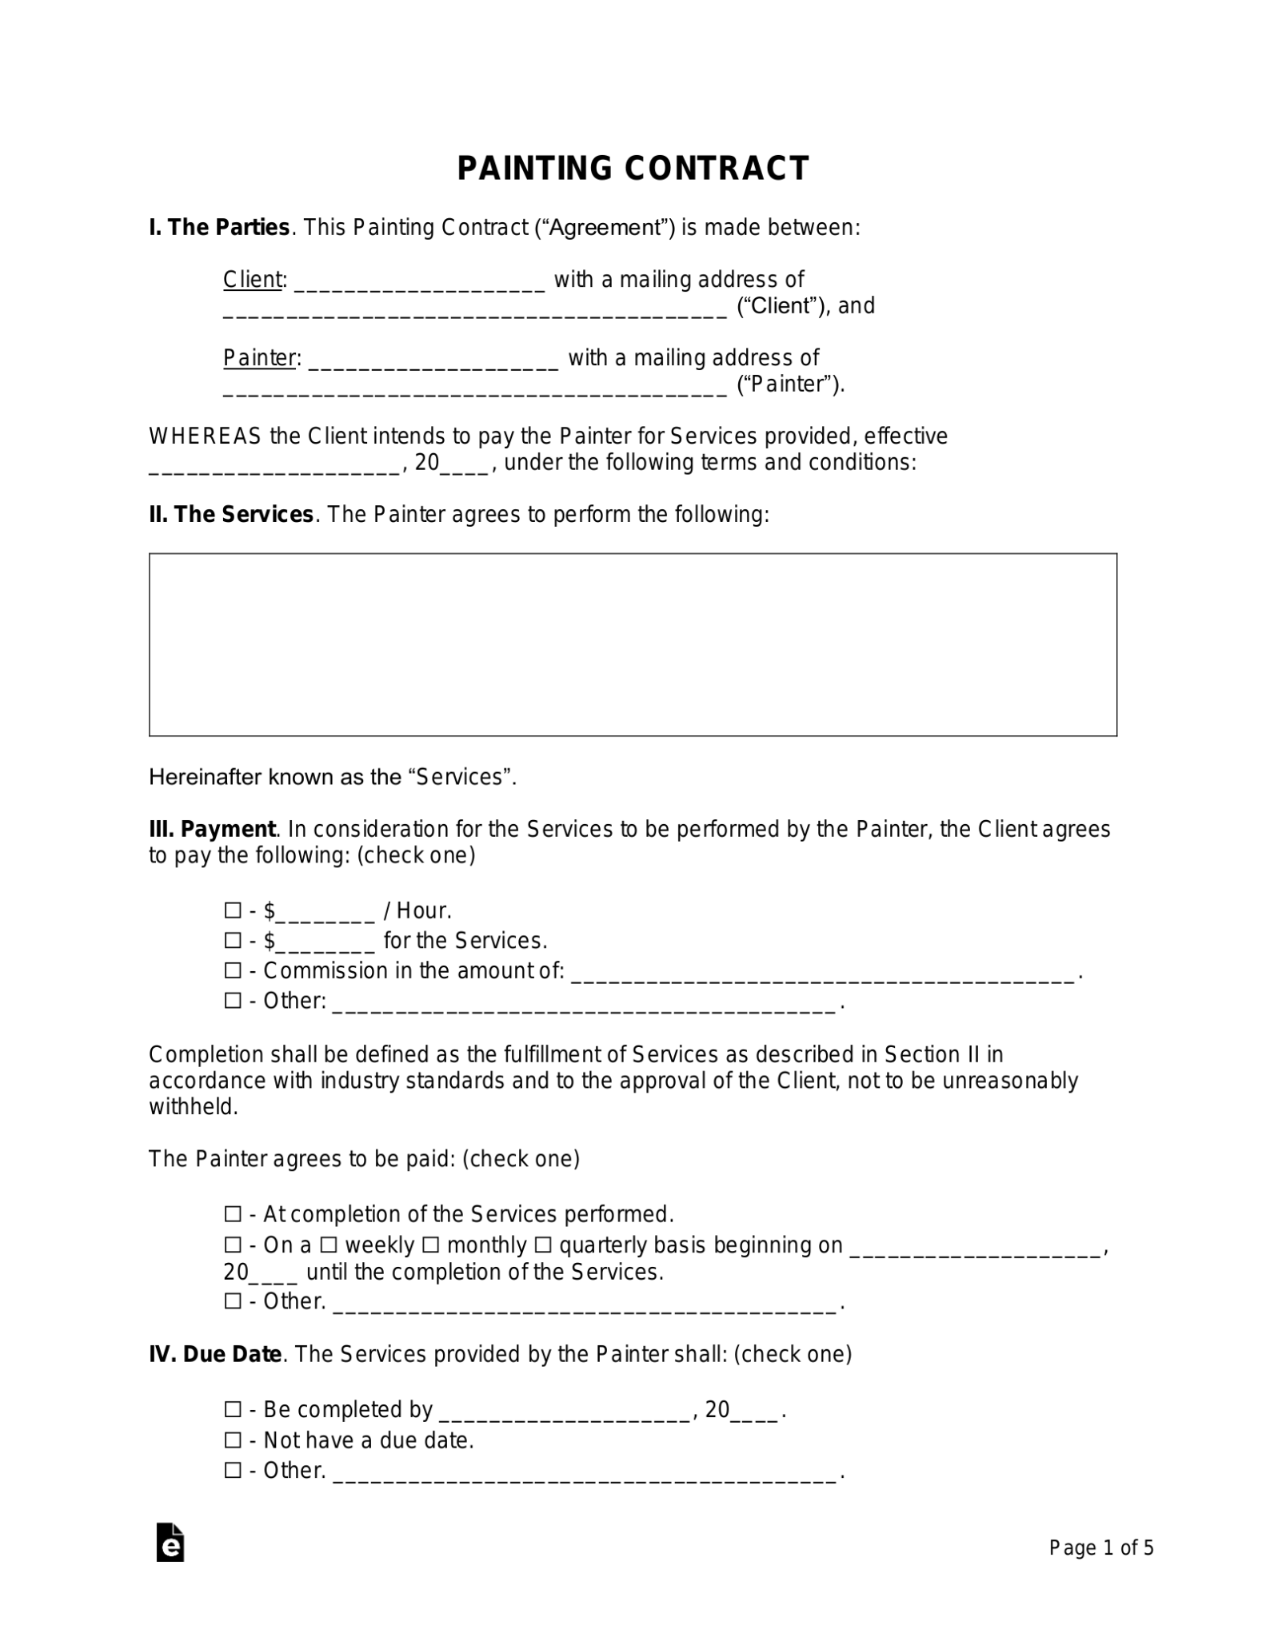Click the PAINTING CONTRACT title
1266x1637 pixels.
coord(633,169)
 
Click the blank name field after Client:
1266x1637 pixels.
coord(419,281)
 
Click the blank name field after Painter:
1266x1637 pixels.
coord(433,360)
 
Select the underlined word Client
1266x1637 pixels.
coord(252,280)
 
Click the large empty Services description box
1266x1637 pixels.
coord(633,644)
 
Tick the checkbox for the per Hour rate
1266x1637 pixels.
coord(233,910)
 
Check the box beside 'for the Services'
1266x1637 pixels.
coord(233,941)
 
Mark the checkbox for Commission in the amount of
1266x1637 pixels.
coord(233,971)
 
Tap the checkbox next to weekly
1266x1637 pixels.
coord(328,1245)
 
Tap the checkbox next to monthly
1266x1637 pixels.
coord(430,1245)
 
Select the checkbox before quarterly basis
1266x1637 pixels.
coord(542,1245)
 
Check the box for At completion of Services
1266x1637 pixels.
coord(233,1215)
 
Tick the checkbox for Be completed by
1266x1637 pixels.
coord(233,1409)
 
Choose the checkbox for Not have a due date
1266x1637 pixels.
coord(233,1440)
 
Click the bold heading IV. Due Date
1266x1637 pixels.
coord(215,1354)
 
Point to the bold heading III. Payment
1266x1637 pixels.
coord(212,829)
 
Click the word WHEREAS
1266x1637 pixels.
coord(205,436)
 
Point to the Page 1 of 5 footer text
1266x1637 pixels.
coord(1100,1548)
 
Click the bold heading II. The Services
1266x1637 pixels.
coord(231,515)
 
